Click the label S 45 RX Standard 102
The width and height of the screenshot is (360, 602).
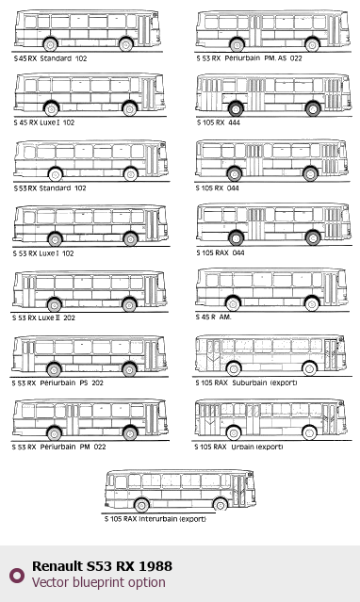pos(50,58)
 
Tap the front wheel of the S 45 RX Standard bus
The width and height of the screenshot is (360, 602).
pos(126,44)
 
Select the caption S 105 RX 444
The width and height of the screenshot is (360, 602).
pos(219,122)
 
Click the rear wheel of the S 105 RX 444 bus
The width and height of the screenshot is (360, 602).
pos(236,108)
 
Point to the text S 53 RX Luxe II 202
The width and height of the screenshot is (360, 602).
pos(43,317)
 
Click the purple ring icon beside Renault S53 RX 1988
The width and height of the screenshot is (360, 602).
pos(17,575)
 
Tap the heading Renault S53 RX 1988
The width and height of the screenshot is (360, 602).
pos(102,566)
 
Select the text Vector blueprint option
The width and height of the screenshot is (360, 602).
pos(99,582)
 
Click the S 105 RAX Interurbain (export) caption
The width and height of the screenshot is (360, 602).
pos(155,519)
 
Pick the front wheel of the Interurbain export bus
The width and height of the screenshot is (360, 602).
pos(221,505)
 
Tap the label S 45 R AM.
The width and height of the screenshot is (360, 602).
pos(213,317)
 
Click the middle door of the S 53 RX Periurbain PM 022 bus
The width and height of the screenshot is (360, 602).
pos(72,419)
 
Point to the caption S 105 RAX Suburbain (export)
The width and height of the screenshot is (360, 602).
pos(246,382)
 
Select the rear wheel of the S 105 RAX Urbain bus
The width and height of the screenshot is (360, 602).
pos(233,433)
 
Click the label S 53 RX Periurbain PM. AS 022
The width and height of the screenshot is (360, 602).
pos(250,58)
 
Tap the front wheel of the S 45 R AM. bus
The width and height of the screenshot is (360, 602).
pos(312,303)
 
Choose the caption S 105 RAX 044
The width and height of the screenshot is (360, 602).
pos(221,252)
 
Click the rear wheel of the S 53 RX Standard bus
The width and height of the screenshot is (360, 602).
pos(56,174)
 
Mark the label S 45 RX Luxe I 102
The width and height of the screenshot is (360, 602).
pos(43,122)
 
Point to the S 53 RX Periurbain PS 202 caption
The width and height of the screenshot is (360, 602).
pos(57,382)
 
